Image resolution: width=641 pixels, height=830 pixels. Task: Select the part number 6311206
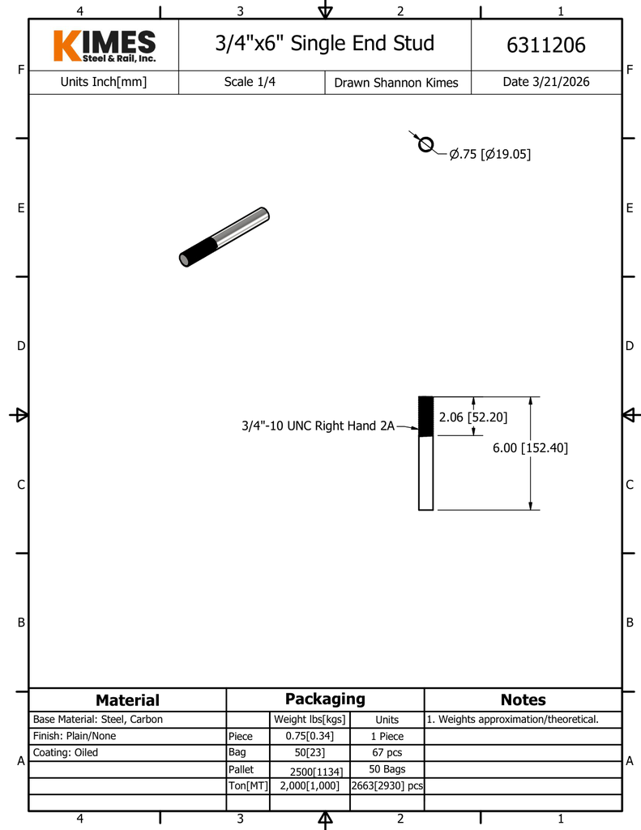click(x=545, y=45)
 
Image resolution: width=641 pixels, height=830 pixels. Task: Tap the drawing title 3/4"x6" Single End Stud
click(x=324, y=43)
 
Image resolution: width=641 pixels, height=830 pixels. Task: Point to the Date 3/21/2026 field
click(x=546, y=82)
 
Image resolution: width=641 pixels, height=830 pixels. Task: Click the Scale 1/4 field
click(x=250, y=82)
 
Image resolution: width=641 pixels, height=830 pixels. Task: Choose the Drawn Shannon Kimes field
click(x=396, y=83)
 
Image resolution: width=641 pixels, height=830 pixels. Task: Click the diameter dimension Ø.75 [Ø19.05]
click(x=490, y=154)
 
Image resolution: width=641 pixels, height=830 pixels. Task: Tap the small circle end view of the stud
click(x=425, y=144)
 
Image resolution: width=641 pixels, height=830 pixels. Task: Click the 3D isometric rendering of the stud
click(x=224, y=237)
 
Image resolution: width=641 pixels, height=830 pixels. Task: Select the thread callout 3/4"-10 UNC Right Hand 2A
click(x=318, y=426)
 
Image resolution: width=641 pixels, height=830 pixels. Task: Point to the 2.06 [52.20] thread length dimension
click(x=473, y=417)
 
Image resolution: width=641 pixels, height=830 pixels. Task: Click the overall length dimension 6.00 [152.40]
click(x=530, y=447)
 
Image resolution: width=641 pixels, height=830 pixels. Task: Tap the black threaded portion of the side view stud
click(x=425, y=416)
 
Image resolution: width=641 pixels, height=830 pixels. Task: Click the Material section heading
click(x=127, y=700)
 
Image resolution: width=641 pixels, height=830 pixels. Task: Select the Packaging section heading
click(x=325, y=699)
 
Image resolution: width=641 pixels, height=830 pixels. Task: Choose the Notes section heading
click(x=523, y=700)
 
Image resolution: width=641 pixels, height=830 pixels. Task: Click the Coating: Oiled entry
click(x=66, y=752)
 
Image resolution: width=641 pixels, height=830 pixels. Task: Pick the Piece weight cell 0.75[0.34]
click(x=310, y=736)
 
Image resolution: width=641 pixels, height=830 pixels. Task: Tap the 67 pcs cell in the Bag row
click(x=387, y=752)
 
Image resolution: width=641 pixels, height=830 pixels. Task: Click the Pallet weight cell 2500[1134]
click(x=310, y=770)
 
